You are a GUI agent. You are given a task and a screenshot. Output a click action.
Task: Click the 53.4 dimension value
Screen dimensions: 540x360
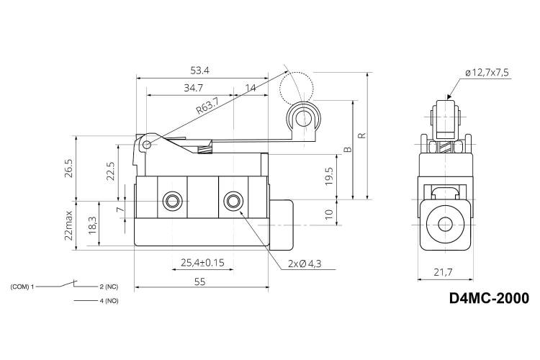(x=199, y=71)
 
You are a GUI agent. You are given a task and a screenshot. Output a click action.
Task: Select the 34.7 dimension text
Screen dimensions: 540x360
(x=193, y=88)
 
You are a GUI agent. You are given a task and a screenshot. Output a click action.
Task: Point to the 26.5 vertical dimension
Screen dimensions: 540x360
(x=68, y=168)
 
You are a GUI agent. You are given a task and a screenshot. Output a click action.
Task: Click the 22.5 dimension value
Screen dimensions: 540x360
(x=111, y=171)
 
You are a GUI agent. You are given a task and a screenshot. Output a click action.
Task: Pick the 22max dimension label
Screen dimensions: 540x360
(x=68, y=225)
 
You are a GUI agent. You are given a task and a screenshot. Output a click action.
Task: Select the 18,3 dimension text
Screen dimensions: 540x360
(x=92, y=225)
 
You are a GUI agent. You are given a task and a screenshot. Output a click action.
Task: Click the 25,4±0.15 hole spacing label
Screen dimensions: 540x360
(x=202, y=263)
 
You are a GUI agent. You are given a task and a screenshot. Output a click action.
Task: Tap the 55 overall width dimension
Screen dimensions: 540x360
(x=199, y=282)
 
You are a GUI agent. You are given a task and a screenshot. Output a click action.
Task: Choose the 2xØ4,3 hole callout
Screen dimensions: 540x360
(x=305, y=264)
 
